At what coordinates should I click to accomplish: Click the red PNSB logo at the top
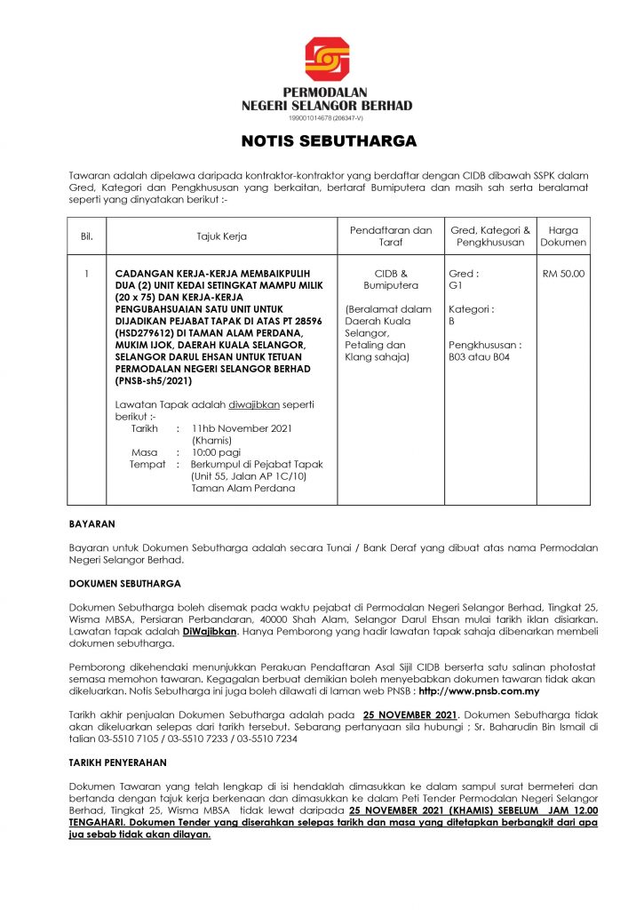[327, 59]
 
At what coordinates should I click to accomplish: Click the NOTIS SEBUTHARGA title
[329, 141]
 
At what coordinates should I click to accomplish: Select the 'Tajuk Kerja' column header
[222, 236]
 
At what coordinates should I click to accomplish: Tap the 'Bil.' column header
[87, 236]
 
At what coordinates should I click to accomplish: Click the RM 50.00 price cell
[563, 274]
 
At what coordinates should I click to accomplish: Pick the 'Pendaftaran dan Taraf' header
[392, 236]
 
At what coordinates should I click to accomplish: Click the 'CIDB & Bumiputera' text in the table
[392, 280]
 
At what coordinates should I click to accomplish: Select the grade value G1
[457, 287]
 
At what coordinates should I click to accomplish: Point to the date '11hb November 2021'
[242, 428]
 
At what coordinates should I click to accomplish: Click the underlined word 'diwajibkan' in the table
[255, 404]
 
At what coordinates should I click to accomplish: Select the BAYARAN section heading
[92, 524]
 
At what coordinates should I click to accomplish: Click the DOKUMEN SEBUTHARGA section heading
[125, 584]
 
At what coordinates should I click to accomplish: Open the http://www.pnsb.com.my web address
[479, 690]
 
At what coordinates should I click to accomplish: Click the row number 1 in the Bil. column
[87, 274]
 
